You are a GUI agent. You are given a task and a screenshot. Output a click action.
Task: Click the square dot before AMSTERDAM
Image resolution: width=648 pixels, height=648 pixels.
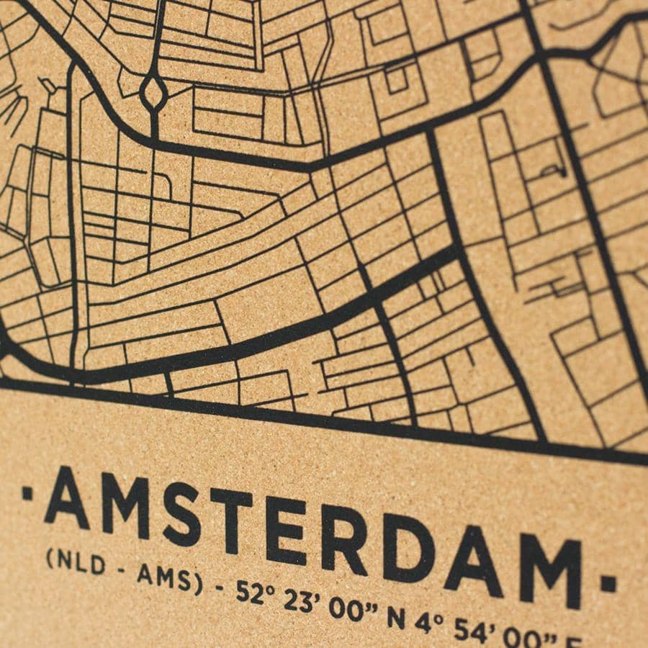click(x=27, y=494)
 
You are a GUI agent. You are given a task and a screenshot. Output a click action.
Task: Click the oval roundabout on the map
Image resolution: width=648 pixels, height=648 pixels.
click(x=153, y=92)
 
